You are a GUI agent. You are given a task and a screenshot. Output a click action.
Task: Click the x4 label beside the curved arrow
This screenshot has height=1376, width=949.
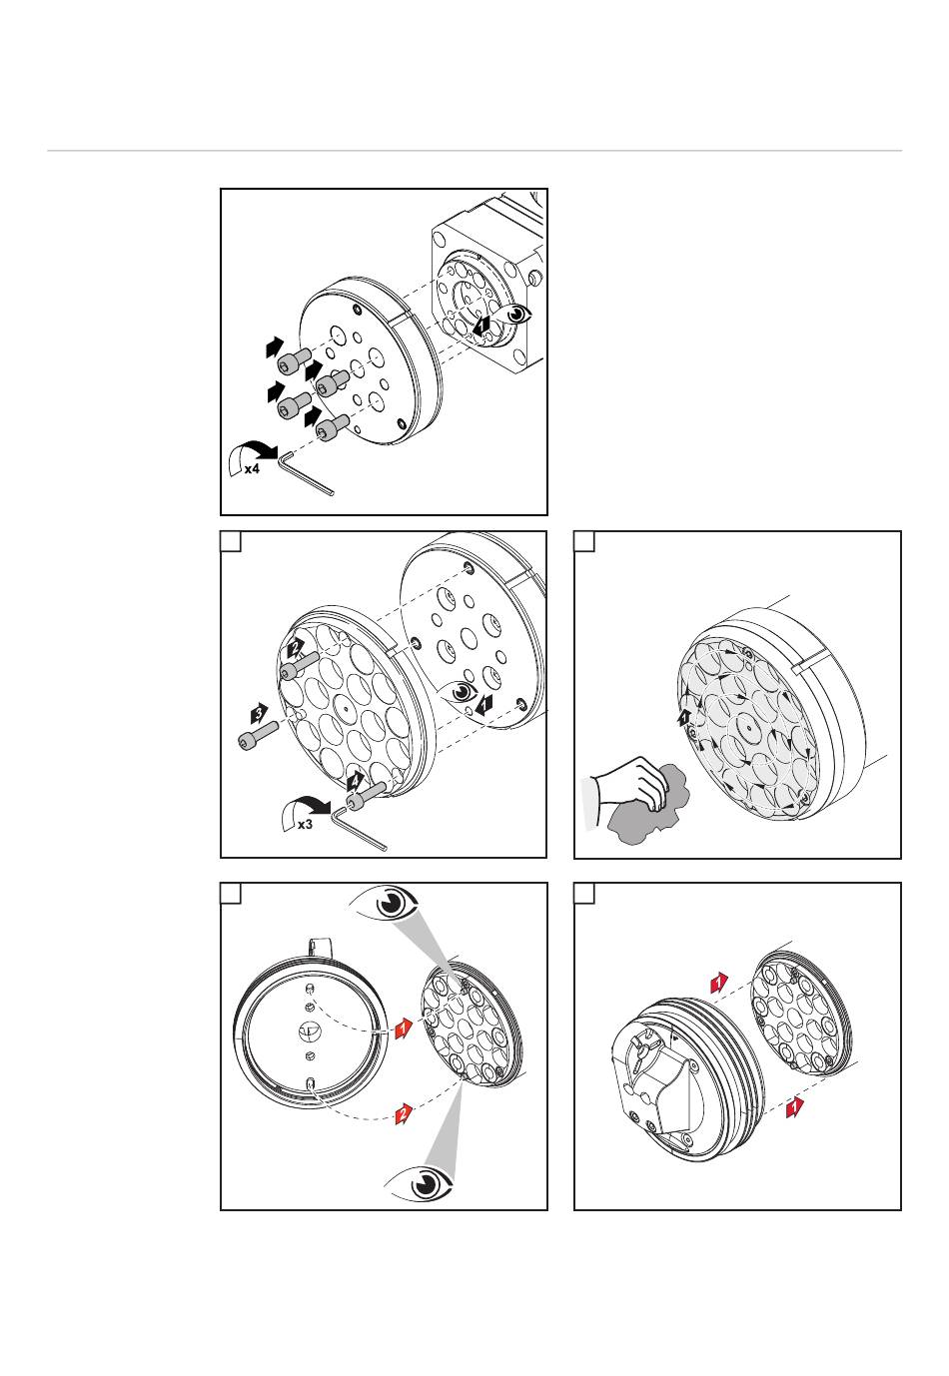(252, 469)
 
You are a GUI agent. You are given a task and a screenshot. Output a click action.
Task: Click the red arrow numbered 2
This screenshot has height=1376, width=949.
(404, 1113)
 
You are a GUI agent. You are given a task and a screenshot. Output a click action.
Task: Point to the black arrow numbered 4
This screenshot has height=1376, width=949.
(356, 782)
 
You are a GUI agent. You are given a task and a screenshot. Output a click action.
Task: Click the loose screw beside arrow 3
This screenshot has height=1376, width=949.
(258, 736)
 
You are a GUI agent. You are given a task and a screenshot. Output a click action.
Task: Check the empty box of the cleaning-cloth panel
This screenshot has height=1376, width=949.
(584, 542)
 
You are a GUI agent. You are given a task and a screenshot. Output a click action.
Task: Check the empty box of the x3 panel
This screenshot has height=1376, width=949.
(231, 542)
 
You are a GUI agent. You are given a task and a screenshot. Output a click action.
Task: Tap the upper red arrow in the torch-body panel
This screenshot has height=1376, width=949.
(719, 983)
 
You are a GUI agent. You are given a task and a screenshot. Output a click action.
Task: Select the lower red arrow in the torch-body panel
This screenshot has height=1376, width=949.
(795, 1107)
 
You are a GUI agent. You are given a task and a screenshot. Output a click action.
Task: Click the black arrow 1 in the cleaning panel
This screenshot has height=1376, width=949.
(683, 718)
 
